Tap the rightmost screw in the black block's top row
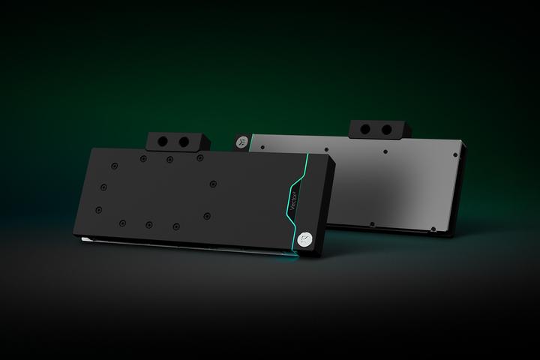(199, 158)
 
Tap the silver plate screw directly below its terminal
(385, 151)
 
